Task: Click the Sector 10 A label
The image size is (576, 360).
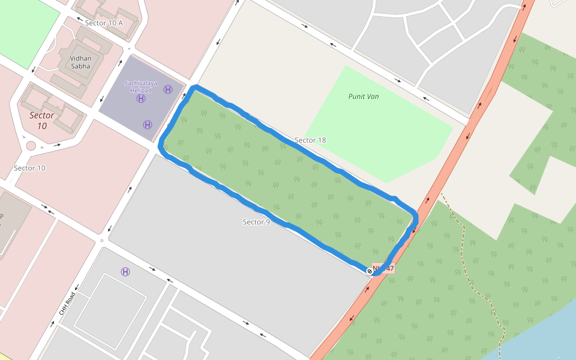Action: [x=104, y=23]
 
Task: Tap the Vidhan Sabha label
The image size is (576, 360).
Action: [x=80, y=62]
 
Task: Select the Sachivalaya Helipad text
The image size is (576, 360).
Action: [x=141, y=86]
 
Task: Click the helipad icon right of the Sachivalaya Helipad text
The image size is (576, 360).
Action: [x=168, y=89]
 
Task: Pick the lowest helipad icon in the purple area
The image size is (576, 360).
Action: [x=147, y=125]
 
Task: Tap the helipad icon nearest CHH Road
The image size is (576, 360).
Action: [x=125, y=272]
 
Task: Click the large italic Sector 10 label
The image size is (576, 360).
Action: [x=42, y=121]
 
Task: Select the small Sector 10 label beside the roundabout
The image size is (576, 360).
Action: [x=29, y=168]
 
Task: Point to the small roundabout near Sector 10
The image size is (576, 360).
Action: [x=31, y=145]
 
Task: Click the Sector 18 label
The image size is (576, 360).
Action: [x=310, y=140]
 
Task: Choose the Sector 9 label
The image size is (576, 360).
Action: [x=256, y=222]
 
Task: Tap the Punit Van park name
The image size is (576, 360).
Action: [x=364, y=96]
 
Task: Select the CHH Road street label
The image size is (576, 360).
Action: [x=66, y=304]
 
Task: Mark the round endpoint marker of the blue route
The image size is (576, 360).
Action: [x=370, y=271]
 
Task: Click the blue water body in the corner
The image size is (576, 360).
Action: [x=540, y=336]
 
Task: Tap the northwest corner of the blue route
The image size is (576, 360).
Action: [x=193, y=89]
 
